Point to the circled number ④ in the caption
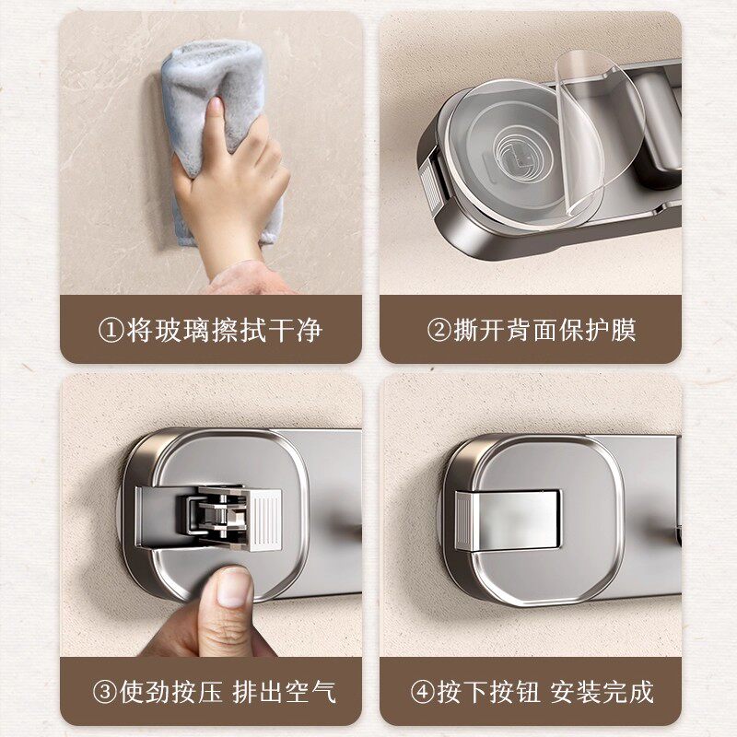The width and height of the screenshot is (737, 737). (421, 691)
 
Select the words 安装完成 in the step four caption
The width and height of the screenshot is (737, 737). (602, 691)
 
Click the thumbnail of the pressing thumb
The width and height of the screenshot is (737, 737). (232, 585)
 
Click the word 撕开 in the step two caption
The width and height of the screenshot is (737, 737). (477, 329)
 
